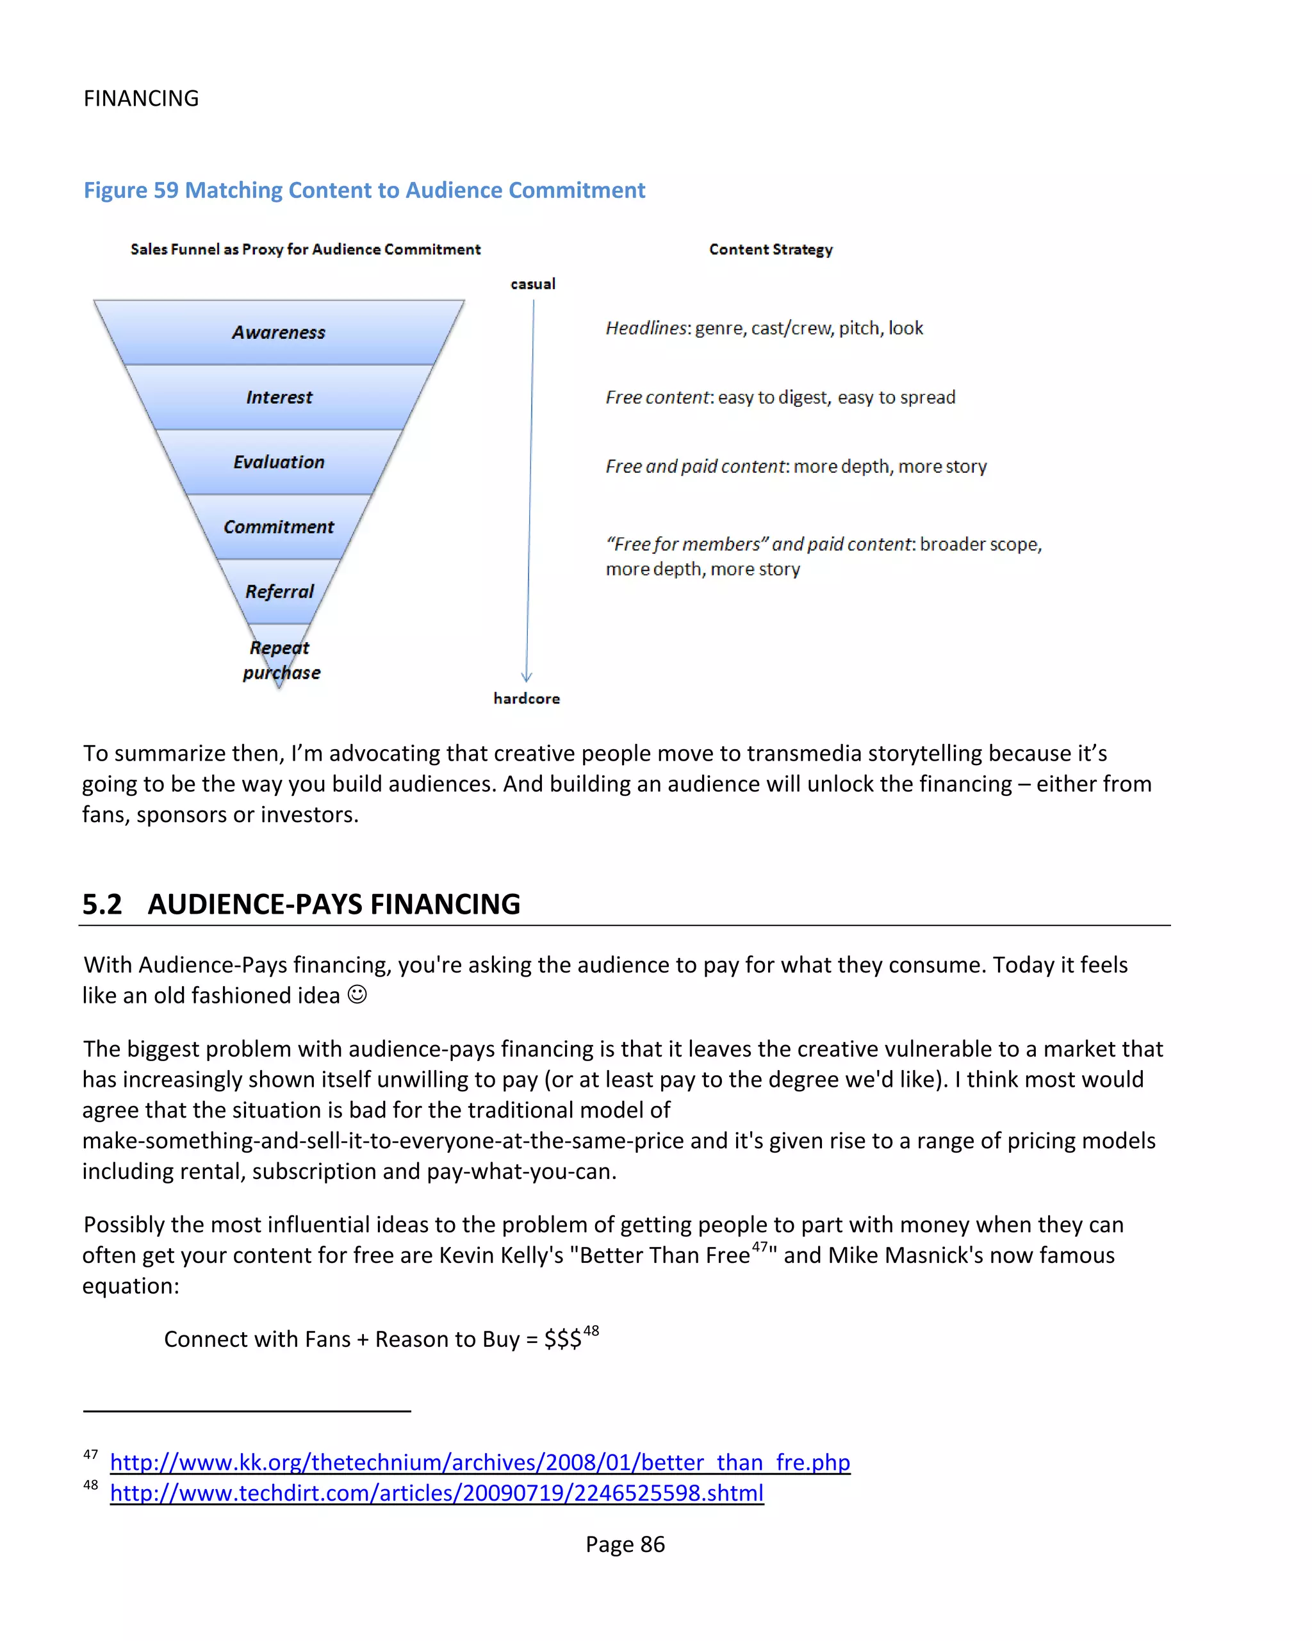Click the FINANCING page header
(141, 98)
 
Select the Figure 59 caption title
(364, 190)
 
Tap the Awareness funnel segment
(279, 333)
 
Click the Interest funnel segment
(279, 397)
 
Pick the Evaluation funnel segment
(279, 462)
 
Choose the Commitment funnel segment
(279, 527)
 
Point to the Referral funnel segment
(279, 591)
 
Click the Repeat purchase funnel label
(281, 660)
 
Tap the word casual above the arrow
(533, 284)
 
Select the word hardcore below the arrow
(526, 698)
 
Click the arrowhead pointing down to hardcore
(527, 676)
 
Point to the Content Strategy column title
(770, 250)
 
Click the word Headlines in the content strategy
(646, 328)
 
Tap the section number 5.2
(102, 904)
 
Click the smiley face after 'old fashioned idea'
(357, 994)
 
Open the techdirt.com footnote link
(436, 1492)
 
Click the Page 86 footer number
(625, 1544)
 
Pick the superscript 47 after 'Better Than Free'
(760, 1247)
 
